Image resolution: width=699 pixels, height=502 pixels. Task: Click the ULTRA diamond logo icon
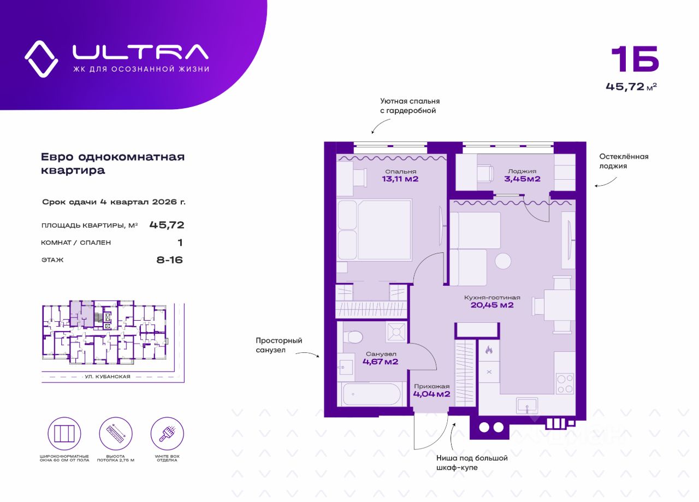41,58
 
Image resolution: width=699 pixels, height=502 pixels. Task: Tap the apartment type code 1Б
635,63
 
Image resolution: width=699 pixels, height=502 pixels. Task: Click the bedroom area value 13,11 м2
400,179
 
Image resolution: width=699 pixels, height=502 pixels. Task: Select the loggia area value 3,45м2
523,179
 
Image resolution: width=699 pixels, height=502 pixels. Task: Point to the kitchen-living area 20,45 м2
492,305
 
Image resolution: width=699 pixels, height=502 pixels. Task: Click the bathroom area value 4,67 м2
381,362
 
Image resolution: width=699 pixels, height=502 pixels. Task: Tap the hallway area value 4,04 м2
431,394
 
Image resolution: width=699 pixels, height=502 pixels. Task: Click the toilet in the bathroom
353,337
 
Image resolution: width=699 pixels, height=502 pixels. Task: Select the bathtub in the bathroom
371,394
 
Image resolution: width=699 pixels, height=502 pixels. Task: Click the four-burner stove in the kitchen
565,384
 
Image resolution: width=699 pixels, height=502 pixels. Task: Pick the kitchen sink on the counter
527,406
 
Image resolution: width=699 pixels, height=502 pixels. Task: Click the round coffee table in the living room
503,261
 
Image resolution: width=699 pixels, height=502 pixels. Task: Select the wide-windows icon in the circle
64,434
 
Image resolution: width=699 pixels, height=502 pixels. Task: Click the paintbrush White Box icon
167,434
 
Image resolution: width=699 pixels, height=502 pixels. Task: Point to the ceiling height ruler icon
116,434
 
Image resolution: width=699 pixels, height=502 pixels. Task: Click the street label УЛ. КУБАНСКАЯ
108,377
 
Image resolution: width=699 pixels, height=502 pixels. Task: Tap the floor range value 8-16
169,260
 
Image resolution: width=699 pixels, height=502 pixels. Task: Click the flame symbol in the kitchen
489,350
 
